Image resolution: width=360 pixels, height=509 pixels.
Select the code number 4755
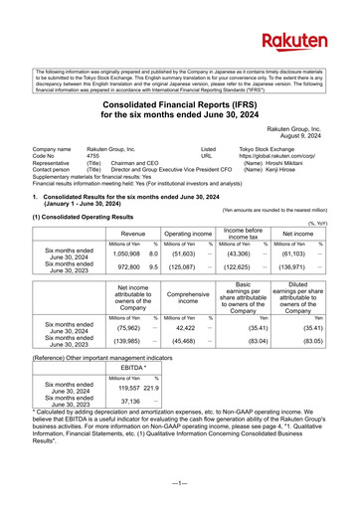pyautogui.click(x=93, y=156)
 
